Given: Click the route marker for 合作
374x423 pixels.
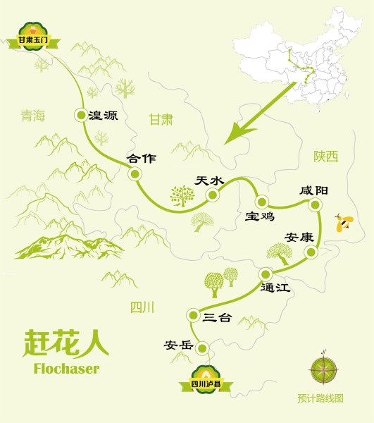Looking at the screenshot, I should (x=132, y=173).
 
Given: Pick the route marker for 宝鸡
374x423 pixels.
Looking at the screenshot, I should (x=261, y=201).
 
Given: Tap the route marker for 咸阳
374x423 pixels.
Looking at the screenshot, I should (x=315, y=204).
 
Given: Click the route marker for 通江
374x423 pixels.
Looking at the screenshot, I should (x=265, y=274).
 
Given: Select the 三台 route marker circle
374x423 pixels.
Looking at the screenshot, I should (x=191, y=315).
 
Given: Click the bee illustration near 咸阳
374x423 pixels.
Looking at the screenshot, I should (x=343, y=223).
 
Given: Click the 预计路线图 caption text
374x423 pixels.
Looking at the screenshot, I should (x=320, y=398).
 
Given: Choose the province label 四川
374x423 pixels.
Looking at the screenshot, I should (x=142, y=308).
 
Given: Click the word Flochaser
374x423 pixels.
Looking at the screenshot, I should (x=66, y=368).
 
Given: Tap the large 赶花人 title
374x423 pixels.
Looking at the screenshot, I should (x=66, y=343).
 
